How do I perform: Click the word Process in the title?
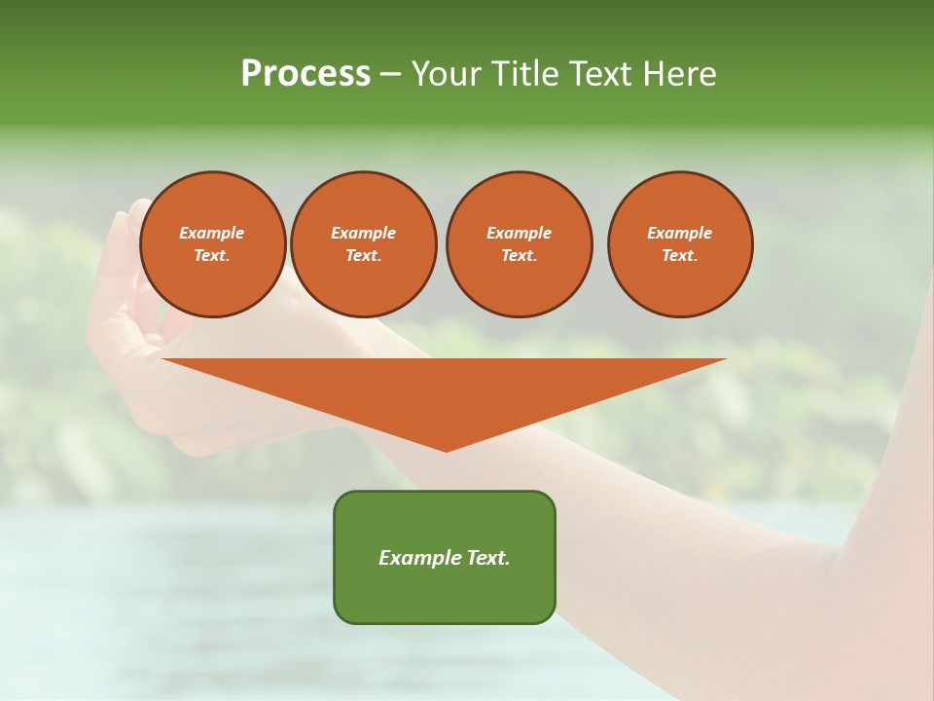point(305,74)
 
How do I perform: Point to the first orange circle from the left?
point(213,244)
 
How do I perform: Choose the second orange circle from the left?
point(364,244)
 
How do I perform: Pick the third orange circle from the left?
point(520,244)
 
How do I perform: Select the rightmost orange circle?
point(680,244)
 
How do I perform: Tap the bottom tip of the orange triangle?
point(446,450)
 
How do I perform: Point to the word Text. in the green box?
point(486,558)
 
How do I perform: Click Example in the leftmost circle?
point(212,233)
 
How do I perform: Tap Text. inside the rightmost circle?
point(680,256)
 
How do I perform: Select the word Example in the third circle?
point(520,233)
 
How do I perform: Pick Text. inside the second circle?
point(364,256)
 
